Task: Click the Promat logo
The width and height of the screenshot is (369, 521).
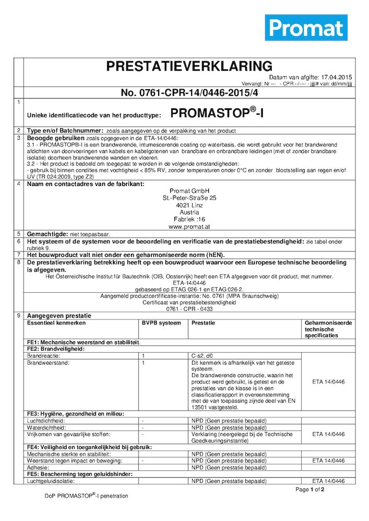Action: coord(306,28)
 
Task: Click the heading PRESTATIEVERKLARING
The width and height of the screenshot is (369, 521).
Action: coord(189,66)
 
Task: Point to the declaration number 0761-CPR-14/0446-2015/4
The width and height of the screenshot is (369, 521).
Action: coord(189,93)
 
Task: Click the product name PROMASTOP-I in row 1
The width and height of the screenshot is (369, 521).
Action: coord(217,113)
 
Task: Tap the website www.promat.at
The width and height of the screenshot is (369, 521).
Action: coord(189,227)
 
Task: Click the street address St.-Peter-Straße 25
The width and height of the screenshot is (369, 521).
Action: coord(189,198)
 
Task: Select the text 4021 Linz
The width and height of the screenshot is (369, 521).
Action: coord(189,205)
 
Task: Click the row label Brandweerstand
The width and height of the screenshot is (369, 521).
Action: coord(47,362)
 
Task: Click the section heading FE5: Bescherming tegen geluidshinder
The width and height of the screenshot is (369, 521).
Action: coord(80,474)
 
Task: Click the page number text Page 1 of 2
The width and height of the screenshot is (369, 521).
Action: coord(310,490)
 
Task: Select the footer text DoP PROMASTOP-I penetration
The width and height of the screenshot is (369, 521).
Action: coord(86,495)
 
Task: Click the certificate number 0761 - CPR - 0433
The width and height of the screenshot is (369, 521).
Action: coord(189,308)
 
